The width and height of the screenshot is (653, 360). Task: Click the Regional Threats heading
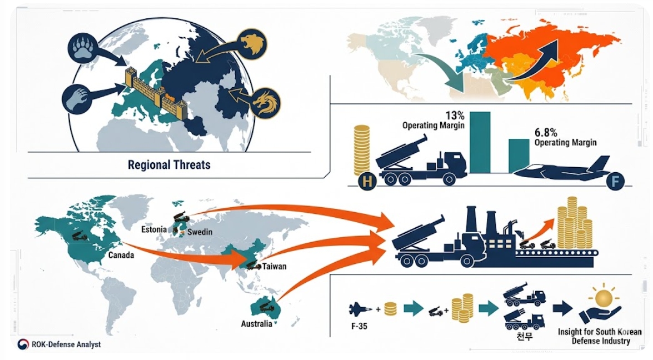point(168,165)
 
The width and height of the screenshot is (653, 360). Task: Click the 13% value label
point(455,115)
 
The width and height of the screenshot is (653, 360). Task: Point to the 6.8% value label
point(546,133)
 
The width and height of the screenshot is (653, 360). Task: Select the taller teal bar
point(480,142)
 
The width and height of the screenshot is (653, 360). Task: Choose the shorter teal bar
point(519,156)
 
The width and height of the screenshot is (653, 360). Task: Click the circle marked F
point(615,182)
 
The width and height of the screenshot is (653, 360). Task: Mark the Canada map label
point(121,254)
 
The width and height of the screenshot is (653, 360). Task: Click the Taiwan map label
point(274,266)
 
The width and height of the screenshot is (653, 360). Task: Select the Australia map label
point(257,323)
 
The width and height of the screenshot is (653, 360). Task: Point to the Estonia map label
point(154,229)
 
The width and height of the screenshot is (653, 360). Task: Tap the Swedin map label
point(200,232)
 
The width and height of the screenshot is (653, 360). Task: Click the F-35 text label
point(359,326)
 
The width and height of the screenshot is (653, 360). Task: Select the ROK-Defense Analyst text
point(66,344)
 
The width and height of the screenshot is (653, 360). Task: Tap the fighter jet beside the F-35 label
point(361,309)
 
